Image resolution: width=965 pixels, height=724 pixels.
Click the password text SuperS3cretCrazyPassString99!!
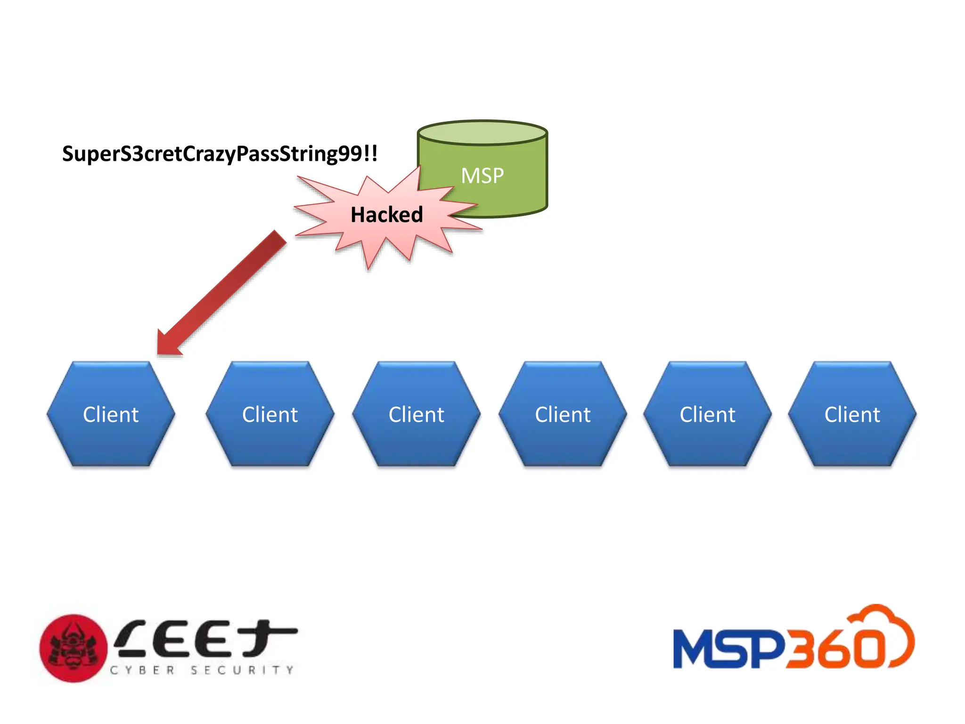click(220, 154)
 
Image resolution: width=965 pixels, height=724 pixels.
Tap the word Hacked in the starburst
click(386, 215)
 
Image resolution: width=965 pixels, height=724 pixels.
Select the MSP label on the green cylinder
click(482, 176)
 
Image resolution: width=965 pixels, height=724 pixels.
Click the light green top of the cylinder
click(482, 132)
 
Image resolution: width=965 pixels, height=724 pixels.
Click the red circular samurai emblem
click(74, 648)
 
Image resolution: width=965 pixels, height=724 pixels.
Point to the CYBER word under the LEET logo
click(143, 670)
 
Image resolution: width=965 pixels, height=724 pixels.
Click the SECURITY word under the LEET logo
click(242, 670)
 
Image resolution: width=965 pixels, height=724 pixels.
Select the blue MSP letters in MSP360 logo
click(728, 649)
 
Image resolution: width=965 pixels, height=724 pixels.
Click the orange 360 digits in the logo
click(834, 649)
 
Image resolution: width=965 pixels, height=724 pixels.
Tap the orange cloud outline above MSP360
click(886, 622)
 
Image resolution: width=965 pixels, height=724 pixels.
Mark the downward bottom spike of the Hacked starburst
click(369, 264)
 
